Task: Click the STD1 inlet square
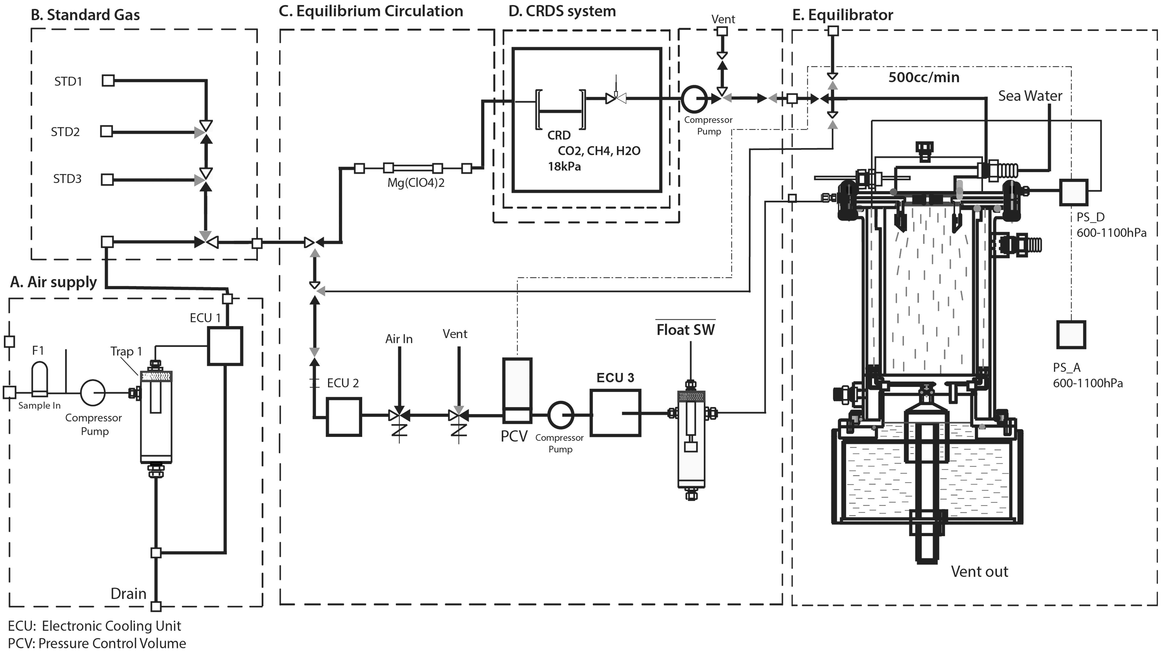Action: click(108, 81)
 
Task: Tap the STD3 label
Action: click(67, 179)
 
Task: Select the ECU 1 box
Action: click(225, 346)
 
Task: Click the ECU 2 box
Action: click(344, 417)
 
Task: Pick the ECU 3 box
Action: click(615, 413)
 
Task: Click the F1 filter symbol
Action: click(39, 379)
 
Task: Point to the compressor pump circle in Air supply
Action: click(93, 392)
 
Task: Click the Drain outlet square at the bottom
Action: click(156, 606)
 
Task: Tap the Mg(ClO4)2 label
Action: click(416, 183)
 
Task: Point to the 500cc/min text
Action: click(924, 77)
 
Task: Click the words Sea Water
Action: click(1030, 96)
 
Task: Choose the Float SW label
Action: click(685, 330)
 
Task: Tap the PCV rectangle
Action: click(517, 390)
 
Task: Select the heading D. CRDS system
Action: click(562, 11)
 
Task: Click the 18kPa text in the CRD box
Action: click(564, 167)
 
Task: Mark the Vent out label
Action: click(979, 571)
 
